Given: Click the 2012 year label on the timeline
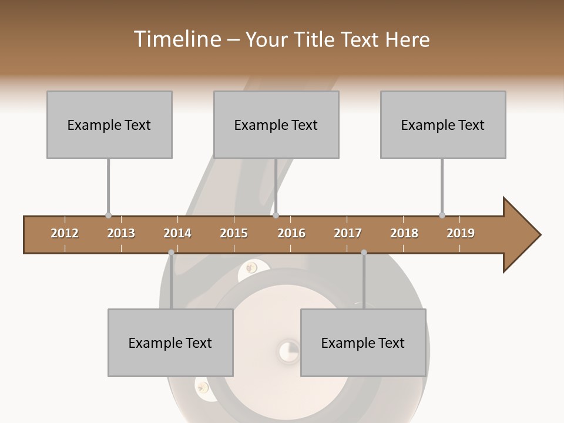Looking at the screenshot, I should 65,233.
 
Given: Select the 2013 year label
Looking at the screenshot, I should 121,233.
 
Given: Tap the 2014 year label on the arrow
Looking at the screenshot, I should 177,233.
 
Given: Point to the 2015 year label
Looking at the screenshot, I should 234,233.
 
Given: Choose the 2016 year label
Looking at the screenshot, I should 291,233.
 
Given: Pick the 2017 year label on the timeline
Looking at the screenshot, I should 348,233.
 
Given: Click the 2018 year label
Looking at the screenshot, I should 404,233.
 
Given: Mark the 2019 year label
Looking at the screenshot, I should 461,233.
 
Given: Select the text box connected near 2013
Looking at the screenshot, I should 109,125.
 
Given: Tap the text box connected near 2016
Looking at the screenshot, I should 276,125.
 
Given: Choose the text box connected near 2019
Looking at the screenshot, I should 443,125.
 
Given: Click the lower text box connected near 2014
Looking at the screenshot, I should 170,343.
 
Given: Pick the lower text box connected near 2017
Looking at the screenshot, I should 363,343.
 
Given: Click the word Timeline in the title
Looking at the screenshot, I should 176,39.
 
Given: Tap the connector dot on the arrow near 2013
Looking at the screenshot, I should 108,216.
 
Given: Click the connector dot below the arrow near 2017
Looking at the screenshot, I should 364,253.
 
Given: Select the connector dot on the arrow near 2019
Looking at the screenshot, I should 442,216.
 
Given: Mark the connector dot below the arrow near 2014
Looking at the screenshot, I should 171,253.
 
